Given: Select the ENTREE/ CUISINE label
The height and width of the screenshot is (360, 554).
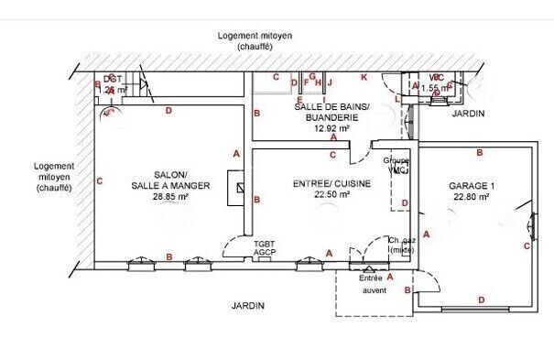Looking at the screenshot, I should pos(331,184).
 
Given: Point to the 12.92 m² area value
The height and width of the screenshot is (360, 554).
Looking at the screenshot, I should pos(331,128).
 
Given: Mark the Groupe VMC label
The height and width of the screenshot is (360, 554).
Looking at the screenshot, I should pos(396,166).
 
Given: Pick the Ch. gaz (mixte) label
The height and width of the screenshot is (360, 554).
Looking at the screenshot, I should pos(402,244).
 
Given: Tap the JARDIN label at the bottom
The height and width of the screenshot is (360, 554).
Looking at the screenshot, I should pos(248,306).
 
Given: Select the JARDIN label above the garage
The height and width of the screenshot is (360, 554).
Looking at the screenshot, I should pos(468,114).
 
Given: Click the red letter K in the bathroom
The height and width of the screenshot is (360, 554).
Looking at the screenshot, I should pos(364,78).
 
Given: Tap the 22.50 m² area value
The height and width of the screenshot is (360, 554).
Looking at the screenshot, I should pos(331,194).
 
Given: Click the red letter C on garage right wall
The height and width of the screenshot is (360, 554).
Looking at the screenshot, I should pos(527,245).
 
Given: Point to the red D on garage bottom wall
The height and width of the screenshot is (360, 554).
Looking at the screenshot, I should pos(481,300).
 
